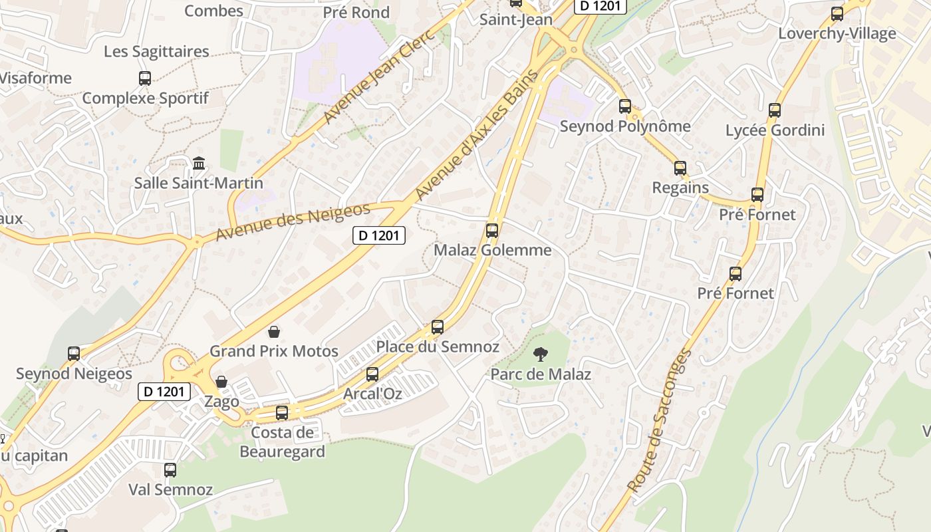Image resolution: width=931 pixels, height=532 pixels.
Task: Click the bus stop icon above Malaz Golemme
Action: [x=492, y=231]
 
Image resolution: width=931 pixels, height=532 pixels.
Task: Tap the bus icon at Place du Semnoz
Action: [x=438, y=327]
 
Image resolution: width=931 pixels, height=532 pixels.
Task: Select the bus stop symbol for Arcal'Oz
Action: [x=372, y=374]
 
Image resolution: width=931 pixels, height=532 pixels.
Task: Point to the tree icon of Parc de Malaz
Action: [x=541, y=354]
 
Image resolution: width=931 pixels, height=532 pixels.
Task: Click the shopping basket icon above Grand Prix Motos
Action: [x=273, y=331]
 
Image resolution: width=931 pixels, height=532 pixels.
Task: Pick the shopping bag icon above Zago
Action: [x=221, y=382]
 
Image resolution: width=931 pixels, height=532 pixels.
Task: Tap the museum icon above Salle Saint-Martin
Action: [x=198, y=163]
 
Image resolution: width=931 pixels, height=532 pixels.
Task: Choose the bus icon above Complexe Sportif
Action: [x=145, y=78]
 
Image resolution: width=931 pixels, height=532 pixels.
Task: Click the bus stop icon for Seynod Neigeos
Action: [x=74, y=354]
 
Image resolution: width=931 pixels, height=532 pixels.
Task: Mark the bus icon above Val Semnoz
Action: [x=170, y=470]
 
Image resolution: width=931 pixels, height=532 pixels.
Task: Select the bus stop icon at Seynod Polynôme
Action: [x=624, y=106]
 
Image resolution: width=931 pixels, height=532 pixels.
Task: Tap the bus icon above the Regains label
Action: [x=680, y=168]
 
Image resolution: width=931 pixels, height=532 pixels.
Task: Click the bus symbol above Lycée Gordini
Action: [x=775, y=110]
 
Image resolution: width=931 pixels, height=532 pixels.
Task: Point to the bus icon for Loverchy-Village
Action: [x=837, y=14]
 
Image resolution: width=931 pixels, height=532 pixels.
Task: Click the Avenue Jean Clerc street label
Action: [x=379, y=77]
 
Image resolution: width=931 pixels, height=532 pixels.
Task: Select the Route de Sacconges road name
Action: [x=659, y=421]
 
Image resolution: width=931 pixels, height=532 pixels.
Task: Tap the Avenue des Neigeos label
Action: [x=293, y=223]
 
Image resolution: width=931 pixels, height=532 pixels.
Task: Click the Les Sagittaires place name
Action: [x=156, y=52]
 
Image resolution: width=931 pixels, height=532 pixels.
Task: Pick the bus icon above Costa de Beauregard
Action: [x=282, y=413]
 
